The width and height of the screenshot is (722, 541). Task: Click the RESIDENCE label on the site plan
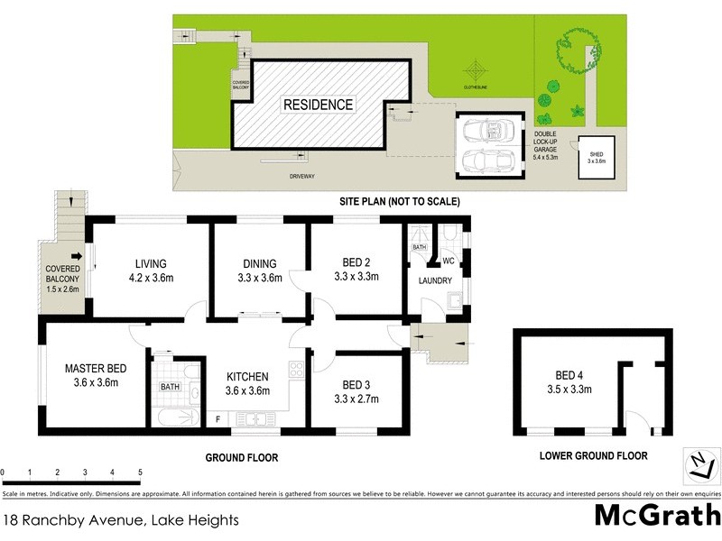click(x=319, y=105)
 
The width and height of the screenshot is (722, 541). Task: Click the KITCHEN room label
click(x=246, y=383)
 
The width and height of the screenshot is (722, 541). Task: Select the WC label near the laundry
click(x=447, y=261)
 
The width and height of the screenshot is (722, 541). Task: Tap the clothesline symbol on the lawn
click(x=475, y=70)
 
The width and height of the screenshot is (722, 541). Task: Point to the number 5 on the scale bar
click(x=140, y=472)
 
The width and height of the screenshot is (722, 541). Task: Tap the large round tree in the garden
click(x=573, y=52)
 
